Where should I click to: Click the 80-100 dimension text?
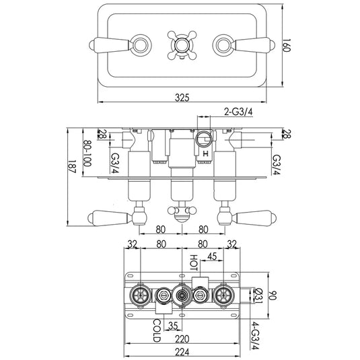(87, 155)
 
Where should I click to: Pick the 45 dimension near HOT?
(213, 256)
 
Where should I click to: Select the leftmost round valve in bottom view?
(141, 294)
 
